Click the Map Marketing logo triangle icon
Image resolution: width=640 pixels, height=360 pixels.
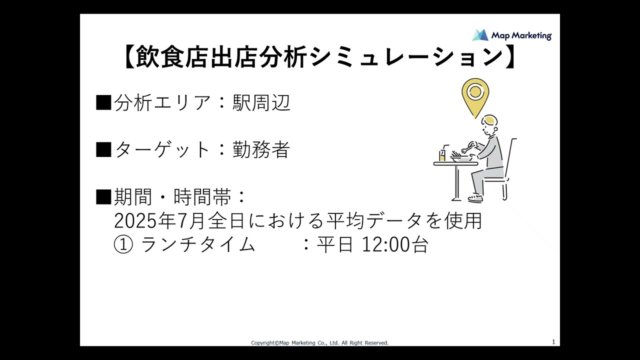point(480,35)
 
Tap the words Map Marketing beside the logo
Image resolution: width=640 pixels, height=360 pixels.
point(521,35)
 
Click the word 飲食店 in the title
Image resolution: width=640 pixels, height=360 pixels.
point(172,56)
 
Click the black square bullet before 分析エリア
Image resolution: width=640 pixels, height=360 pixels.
point(103,102)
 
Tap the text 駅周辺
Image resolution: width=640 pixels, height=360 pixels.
point(261,102)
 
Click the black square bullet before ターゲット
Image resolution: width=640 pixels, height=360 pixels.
point(103,149)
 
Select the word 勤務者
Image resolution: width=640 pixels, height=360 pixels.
point(261,149)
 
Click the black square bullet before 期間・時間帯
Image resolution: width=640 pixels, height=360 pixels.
point(103,197)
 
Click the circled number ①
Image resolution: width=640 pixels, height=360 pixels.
point(123,244)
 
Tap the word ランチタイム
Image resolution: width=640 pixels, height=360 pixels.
point(198,244)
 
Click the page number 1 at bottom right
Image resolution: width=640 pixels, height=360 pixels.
point(553,342)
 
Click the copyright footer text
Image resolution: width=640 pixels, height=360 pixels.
point(319,342)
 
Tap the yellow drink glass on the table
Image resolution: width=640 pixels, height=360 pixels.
point(442,155)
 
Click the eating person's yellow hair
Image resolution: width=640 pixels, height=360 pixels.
point(490,120)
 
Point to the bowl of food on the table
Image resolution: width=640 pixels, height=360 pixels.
point(460,157)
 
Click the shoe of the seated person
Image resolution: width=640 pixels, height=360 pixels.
point(475,198)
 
